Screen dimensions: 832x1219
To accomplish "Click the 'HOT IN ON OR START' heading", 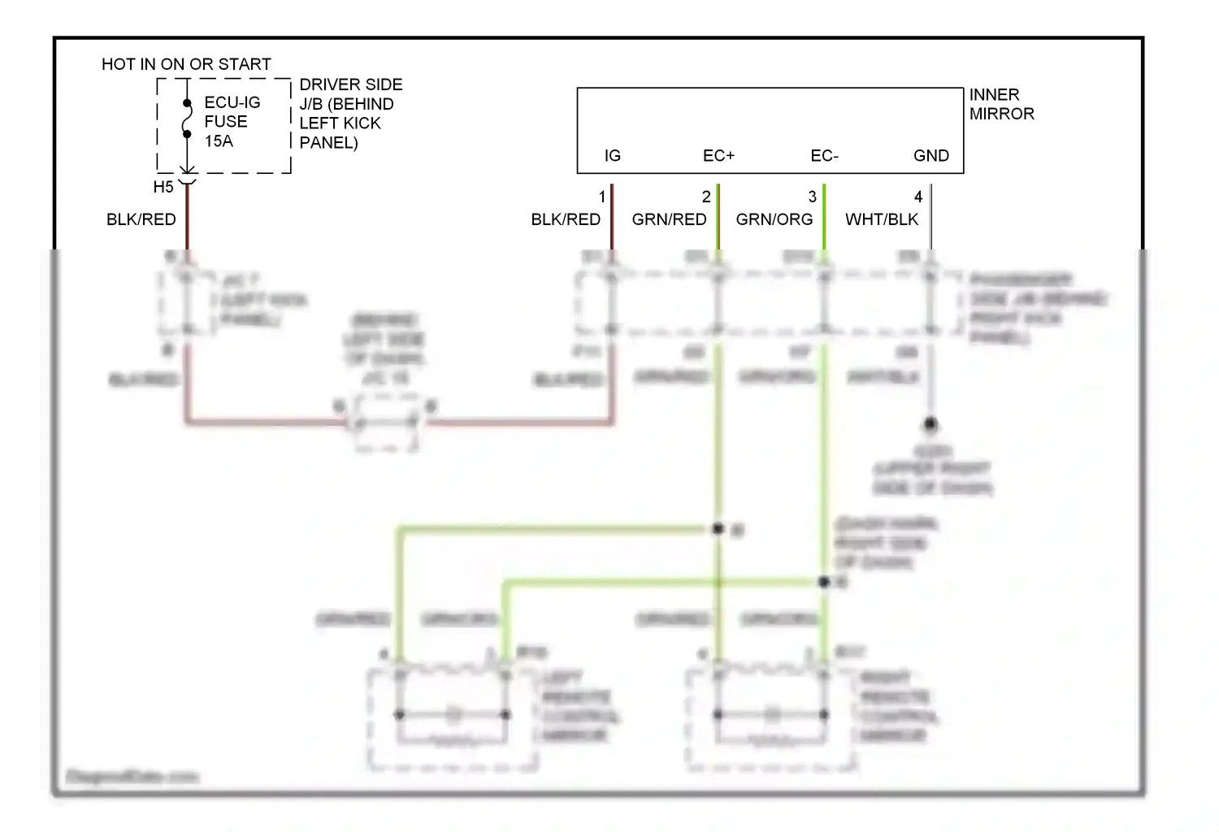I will [186, 64].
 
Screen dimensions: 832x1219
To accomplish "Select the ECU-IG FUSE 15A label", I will [232, 122].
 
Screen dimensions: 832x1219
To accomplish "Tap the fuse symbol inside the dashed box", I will [187, 119].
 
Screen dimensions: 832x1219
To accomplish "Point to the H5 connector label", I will [163, 188].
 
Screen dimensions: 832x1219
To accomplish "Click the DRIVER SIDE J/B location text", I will [350, 114].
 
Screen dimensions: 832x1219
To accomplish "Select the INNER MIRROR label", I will [1001, 105].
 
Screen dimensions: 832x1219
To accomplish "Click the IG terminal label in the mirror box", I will [612, 156].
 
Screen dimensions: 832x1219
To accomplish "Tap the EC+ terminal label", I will [718, 156].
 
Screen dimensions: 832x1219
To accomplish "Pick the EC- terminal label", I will [824, 156].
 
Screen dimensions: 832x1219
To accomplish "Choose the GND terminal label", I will [931, 156].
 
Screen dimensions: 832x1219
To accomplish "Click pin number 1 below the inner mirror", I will [602, 197].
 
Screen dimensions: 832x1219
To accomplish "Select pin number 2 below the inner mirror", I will [706, 197].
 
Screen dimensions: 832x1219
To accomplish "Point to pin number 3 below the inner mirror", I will [812, 197].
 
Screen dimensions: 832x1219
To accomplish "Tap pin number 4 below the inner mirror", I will [918, 197].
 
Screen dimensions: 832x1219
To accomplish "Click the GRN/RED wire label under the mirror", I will [669, 220].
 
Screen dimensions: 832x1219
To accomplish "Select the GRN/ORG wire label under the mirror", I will [774, 220].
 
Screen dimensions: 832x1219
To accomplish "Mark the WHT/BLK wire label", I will [881, 220].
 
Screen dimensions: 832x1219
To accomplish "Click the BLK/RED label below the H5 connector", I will [141, 220].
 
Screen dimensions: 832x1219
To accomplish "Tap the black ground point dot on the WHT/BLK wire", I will [931, 424].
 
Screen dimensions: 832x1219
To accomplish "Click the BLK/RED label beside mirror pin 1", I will [566, 220].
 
